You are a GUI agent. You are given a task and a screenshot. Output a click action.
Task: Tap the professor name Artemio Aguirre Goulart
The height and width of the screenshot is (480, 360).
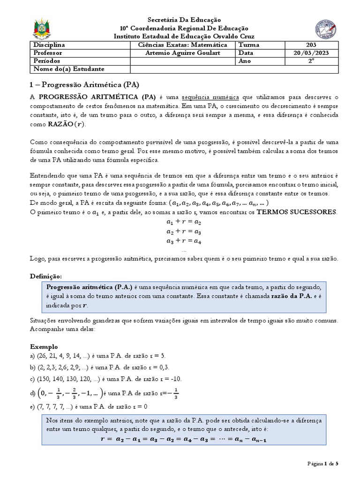pos(183,53)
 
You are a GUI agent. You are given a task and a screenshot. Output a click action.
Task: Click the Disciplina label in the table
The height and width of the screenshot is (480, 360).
pos(49,45)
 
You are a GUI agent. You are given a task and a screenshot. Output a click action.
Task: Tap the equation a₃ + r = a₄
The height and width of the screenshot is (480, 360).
pos(183,241)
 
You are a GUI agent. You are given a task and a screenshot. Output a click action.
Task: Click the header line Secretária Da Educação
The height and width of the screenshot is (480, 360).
pos(183,20)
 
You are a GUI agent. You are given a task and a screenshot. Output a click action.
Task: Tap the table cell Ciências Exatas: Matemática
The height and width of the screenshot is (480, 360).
pos(183,45)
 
